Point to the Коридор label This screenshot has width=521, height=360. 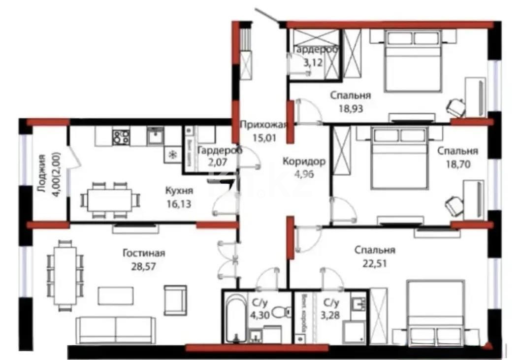click(x=304, y=161)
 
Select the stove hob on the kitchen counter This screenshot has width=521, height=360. click(x=121, y=136)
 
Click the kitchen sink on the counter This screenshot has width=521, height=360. click(x=156, y=135)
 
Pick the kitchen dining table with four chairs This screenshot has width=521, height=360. click(x=110, y=200)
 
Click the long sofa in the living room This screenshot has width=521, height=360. click(x=115, y=329)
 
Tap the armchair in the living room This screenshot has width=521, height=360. click(x=175, y=299)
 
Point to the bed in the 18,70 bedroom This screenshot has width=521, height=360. click(x=398, y=158)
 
